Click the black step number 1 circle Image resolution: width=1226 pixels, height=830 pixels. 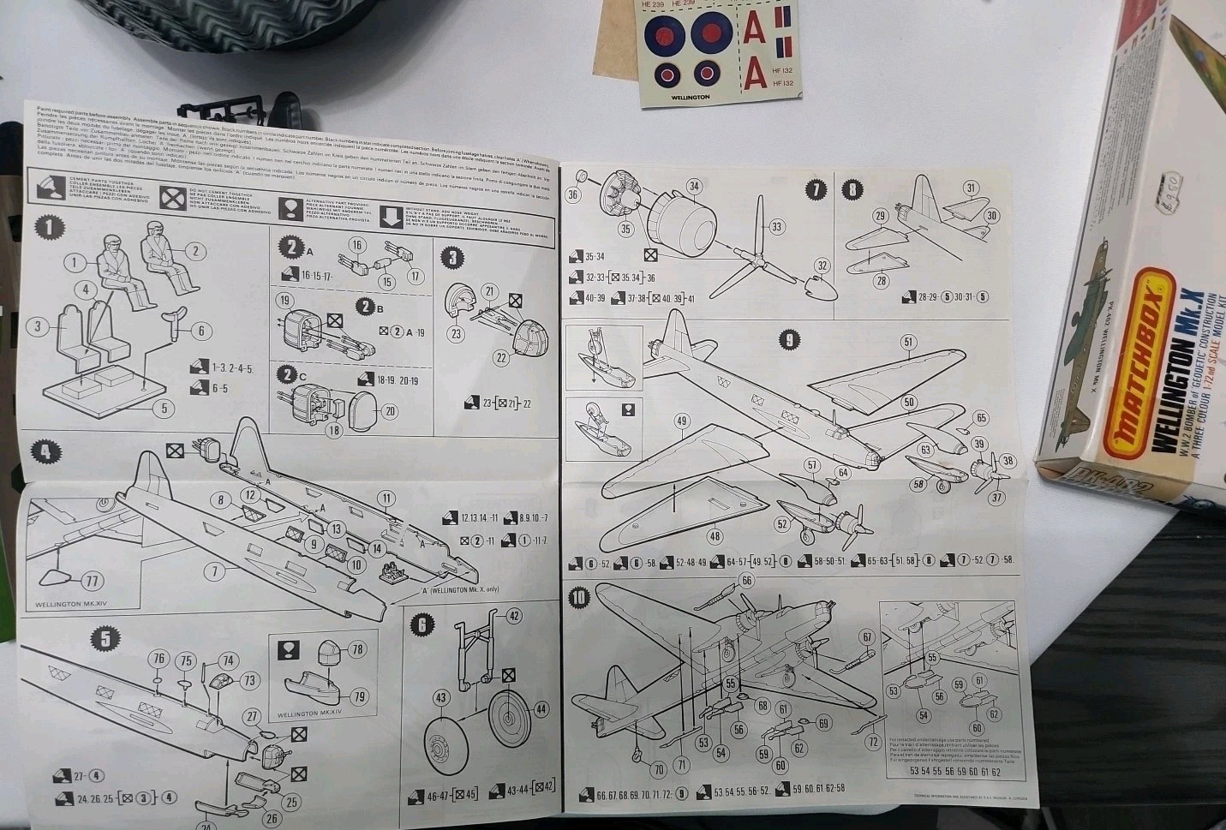pyautogui.click(x=51, y=228)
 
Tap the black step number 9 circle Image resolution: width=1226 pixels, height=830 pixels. pyautogui.click(x=789, y=339)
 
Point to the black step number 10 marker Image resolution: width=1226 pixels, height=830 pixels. pyautogui.click(x=580, y=597)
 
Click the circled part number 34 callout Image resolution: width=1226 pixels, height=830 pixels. pyautogui.click(x=694, y=186)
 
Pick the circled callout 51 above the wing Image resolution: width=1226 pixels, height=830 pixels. pyautogui.click(x=909, y=342)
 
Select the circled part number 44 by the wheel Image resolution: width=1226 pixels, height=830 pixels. pyautogui.click(x=541, y=709)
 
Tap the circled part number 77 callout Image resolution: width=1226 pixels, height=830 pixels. pyautogui.click(x=92, y=582)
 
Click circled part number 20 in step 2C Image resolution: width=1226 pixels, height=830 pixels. pyautogui.click(x=389, y=411)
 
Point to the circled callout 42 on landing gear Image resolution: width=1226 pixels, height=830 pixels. pyautogui.click(x=514, y=616)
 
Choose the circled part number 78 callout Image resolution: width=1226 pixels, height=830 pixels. pyautogui.click(x=356, y=649)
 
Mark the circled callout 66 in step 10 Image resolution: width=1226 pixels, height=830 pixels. pyautogui.click(x=747, y=581)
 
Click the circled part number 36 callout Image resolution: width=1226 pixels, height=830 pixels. pyautogui.click(x=573, y=195)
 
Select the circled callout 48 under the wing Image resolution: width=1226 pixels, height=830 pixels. pyautogui.click(x=715, y=536)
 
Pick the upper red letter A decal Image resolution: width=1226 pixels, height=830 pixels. pyautogui.click(x=753, y=28)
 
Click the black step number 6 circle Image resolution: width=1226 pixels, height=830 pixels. pyautogui.click(x=421, y=624)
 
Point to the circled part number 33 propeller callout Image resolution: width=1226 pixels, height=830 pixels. pyautogui.click(x=777, y=227)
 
